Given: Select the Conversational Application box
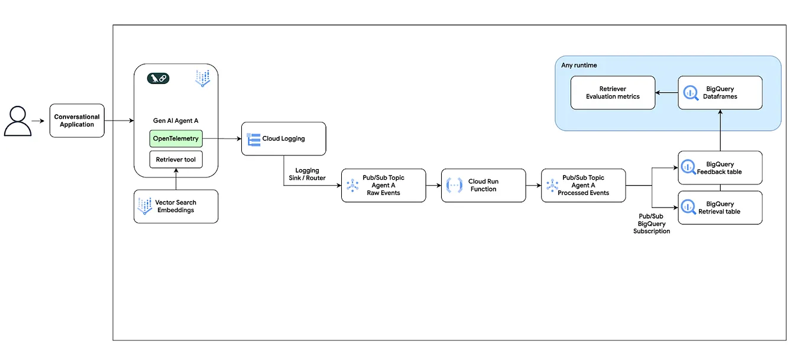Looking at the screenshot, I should click(77, 121).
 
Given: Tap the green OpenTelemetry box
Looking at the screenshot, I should click(176, 139).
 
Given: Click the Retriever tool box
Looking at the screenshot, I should click(176, 160).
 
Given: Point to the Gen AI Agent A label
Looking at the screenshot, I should click(176, 121).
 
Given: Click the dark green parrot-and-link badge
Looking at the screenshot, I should click(158, 78).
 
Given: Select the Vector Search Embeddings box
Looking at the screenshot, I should click(176, 206).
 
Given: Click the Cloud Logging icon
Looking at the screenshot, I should click(254, 139).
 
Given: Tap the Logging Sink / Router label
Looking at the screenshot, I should click(307, 174).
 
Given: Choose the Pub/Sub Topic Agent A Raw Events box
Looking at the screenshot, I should click(383, 186).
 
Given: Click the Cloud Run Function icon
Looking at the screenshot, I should click(455, 186).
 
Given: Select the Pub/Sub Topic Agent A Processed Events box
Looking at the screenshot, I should click(583, 186).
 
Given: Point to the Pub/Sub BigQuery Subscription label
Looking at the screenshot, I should click(652, 224).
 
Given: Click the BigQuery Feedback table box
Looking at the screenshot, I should click(720, 168).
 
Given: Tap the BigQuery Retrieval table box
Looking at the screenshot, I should click(720, 207).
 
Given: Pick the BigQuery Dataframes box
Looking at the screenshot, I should click(720, 93).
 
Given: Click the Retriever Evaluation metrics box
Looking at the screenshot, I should click(613, 93).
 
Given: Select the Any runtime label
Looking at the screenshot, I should click(579, 65).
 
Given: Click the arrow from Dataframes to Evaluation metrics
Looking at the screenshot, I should click(666, 93).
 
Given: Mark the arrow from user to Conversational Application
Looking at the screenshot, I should click(38, 121).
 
